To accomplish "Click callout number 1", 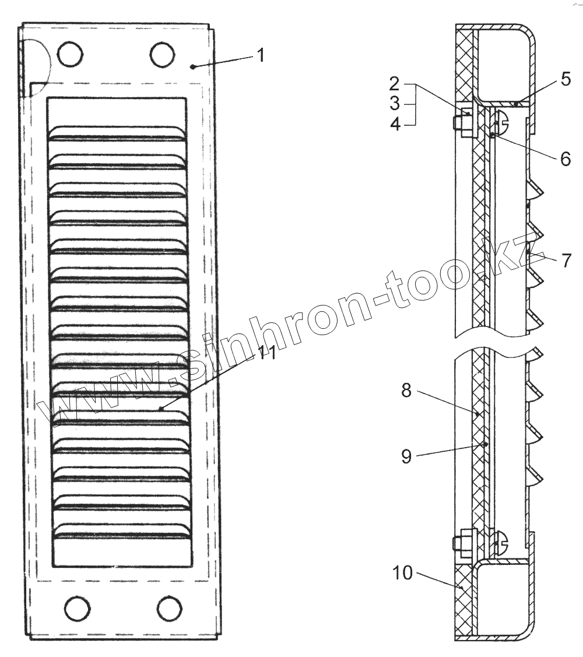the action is pyautogui.click(x=261, y=56).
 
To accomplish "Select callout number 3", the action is pyautogui.click(x=395, y=104).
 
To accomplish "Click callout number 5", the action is pyautogui.click(x=566, y=79).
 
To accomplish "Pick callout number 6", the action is pyautogui.click(x=565, y=159).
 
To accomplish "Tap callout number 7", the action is pyautogui.click(x=567, y=260).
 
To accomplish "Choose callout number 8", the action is pyautogui.click(x=406, y=391).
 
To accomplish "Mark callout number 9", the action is pyautogui.click(x=406, y=456).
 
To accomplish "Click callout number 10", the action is pyautogui.click(x=402, y=573).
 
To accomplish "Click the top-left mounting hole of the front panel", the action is pyautogui.click(x=70, y=54).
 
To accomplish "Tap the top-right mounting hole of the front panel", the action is pyautogui.click(x=162, y=54).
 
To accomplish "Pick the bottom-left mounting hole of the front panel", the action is pyautogui.click(x=77, y=609).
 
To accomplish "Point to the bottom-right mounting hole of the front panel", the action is pyautogui.click(x=169, y=609).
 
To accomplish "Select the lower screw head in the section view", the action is pyautogui.click(x=501, y=543).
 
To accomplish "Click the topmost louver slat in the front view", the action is pyautogui.click(x=117, y=133).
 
